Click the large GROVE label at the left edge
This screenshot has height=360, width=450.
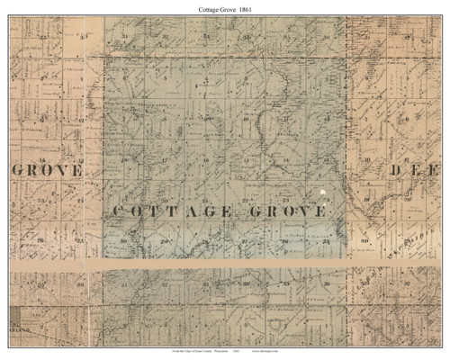(48, 169)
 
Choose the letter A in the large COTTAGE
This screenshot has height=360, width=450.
(192, 211)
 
